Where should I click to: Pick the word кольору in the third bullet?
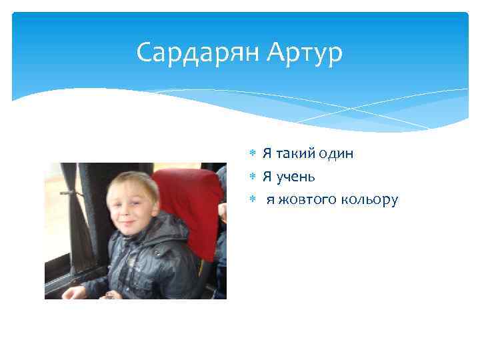coord(369,199)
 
